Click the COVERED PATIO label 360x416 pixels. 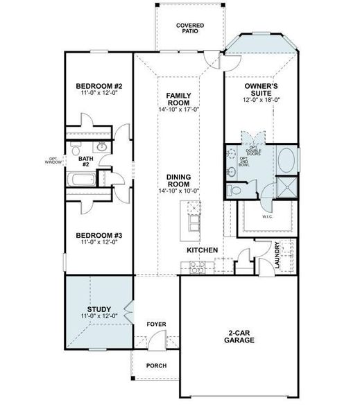[x=189, y=28]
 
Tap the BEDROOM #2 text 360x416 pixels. [x=98, y=87]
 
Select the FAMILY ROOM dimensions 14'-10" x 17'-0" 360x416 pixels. [x=179, y=109]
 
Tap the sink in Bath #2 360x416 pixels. [x=101, y=147]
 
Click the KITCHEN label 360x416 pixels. [x=203, y=250]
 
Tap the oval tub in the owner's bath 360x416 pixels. [x=286, y=160]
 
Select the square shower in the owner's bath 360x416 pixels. [x=286, y=187]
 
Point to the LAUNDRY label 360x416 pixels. [x=277, y=252]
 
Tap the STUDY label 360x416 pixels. [x=98, y=309]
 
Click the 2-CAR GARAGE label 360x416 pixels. [x=239, y=336]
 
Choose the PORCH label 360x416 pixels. [x=156, y=365]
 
